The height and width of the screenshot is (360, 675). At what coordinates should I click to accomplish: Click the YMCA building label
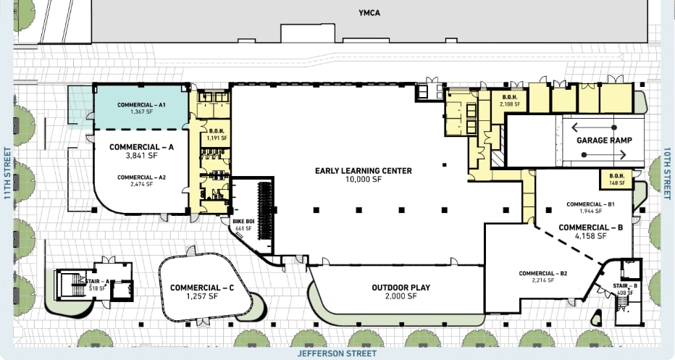point(369,12)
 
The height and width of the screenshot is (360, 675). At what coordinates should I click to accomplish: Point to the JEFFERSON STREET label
point(337,353)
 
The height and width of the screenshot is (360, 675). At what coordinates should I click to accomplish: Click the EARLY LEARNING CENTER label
point(363,171)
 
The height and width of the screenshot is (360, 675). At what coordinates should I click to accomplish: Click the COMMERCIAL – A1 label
point(142,105)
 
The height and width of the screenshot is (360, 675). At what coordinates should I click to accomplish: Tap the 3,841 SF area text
point(142,156)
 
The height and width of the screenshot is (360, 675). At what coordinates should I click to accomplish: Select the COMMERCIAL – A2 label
point(142,177)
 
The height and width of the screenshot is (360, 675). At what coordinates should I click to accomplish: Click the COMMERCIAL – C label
point(202,288)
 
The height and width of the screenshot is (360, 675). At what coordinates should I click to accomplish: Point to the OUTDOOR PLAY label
point(401,288)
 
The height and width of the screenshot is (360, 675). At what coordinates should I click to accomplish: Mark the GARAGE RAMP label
point(604,141)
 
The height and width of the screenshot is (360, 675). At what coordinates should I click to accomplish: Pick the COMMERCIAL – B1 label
point(590,204)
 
